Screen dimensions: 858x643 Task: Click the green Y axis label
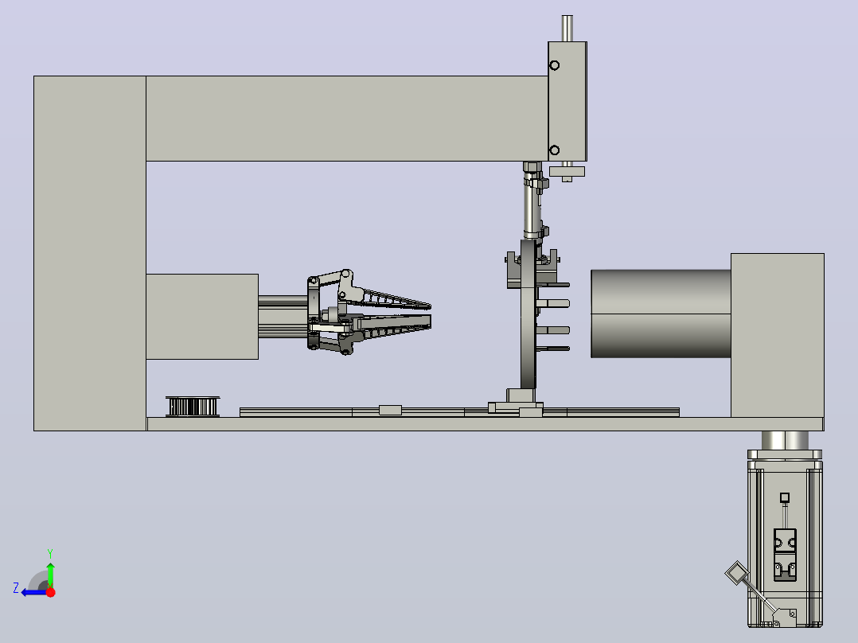tap(50, 553)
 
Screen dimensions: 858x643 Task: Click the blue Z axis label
tap(16, 588)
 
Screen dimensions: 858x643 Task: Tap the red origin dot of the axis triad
tap(50, 592)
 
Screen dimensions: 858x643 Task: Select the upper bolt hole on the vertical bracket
tap(554, 66)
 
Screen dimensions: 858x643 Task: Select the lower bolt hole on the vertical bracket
tap(554, 150)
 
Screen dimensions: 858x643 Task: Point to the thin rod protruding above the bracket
tap(567, 29)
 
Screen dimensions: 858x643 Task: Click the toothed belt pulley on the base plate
tap(193, 407)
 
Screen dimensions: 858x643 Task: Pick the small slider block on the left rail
tap(390, 410)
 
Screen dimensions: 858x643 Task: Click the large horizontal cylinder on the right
tap(661, 314)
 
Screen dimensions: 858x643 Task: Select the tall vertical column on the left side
tap(90, 253)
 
